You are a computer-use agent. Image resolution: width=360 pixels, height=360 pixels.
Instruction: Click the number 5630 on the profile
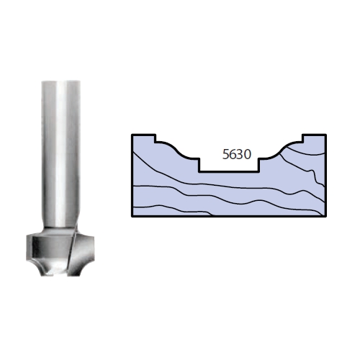point(237,154)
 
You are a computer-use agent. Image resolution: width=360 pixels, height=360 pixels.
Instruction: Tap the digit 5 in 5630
point(226,154)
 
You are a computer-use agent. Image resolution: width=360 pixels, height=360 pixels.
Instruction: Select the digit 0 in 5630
point(248,154)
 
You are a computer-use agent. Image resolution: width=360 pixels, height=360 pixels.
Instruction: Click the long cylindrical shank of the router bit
point(60,153)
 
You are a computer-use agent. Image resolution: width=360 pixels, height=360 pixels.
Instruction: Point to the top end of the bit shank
point(60,81)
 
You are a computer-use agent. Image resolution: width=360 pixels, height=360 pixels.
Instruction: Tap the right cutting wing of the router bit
point(84,252)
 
